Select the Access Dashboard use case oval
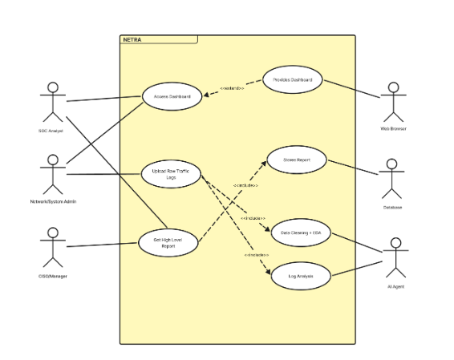point(172,97)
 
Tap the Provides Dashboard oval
point(293,79)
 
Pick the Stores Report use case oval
point(297,160)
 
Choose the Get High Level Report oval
point(168,243)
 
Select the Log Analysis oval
point(298,277)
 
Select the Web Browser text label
point(393,128)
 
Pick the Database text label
point(392,207)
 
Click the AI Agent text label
point(393,285)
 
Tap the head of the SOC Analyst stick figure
point(53,87)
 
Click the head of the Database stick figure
point(392,164)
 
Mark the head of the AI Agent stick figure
point(393,242)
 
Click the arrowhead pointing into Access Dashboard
point(205,95)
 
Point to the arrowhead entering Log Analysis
point(267,273)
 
